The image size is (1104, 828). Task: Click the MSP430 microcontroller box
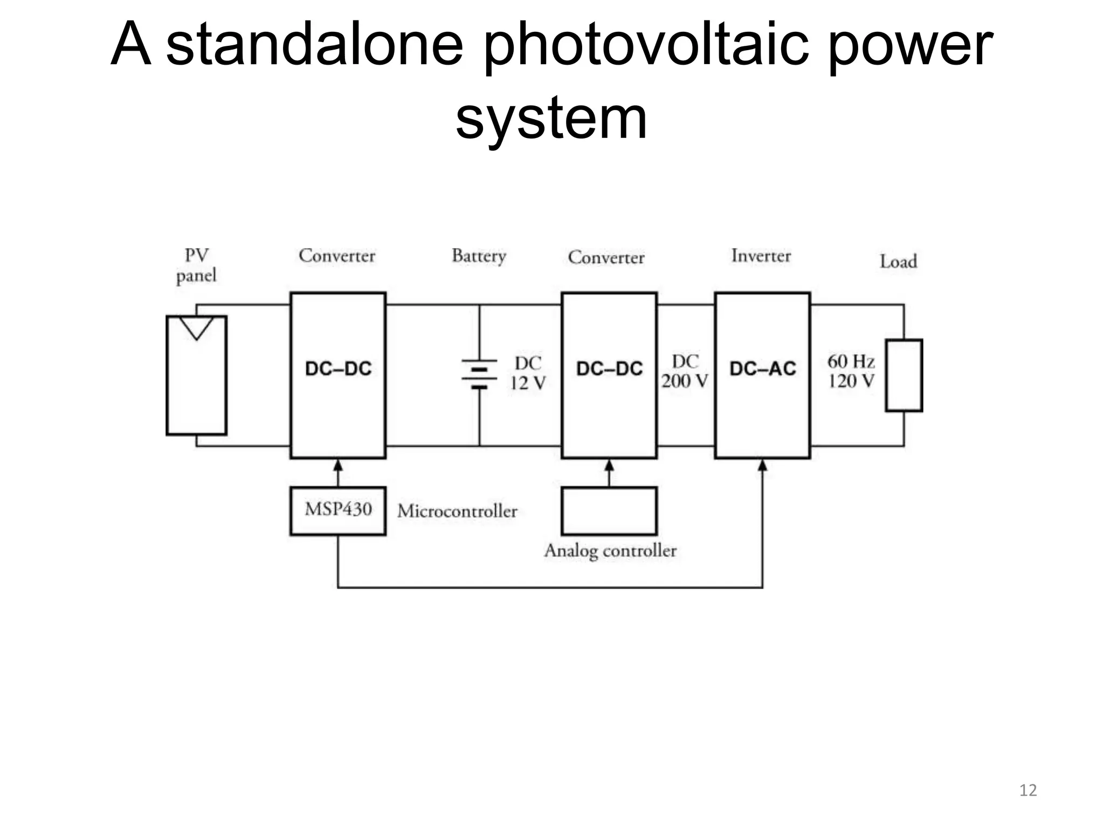[x=338, y=510]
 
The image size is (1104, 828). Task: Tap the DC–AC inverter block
[x=762, y=375]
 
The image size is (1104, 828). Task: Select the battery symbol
[x=479, y=374]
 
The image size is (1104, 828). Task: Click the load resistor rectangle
[x=904, y=375]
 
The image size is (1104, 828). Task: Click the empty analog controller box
[x=609, y=510]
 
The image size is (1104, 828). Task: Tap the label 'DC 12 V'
[x=528, y=373]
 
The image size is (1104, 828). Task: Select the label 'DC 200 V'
[x=685, y=371]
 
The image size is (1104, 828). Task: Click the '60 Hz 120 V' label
[x=851, y=371]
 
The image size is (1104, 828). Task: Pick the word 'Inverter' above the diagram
[x=761, y=256]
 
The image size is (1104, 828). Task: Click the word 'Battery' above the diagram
[x=479, y=256]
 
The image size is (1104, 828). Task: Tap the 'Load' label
[x=898, y=262]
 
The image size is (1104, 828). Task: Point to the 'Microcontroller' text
[x=457, y=511]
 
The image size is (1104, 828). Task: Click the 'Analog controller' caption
[x=610, y=551]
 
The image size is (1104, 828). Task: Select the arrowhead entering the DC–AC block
[x=762, y=465]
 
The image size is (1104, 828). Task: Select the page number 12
[x=1028, y=790]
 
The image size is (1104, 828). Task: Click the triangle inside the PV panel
[x=196, y=327]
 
